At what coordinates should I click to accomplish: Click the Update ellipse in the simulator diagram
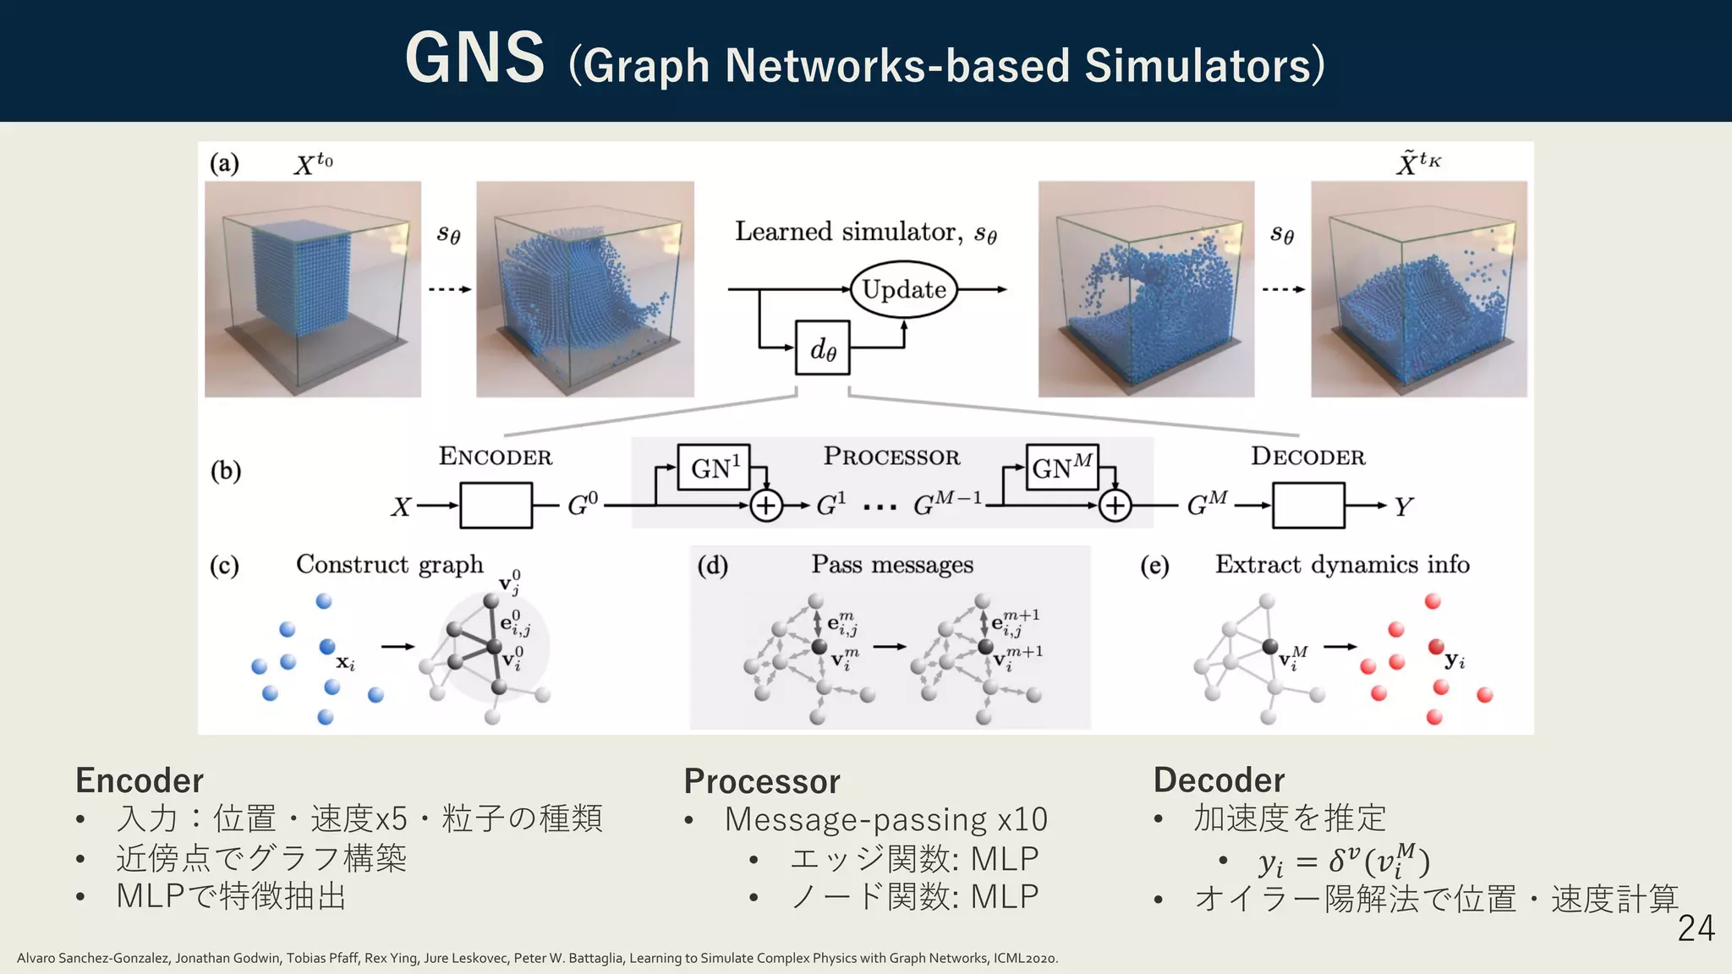pyautogui.click(x=903, y=290)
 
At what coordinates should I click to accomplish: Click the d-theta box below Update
pyautogui.click(x=822, y=347)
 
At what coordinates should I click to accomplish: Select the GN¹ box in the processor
pyautogui.click(x=714, y=468)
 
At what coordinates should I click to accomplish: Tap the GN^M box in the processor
pyautogui.click(x=1062, y=468)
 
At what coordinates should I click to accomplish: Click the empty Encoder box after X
pyautogui.click(x=496, y=506)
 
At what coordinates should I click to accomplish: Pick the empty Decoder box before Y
pyautogui.click(x=1307, y=506)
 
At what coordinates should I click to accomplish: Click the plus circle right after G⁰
pyautogui.click(x=766, y=506)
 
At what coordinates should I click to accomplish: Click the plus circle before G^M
pyautogui.click(x=1115, y=506)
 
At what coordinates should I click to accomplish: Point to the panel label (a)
pyautogui.click(x=224, y=162)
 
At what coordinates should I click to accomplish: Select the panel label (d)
pyautogui.click(x=712, y=565)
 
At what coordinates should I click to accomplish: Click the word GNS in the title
pyautogui.click(x=474, y=58)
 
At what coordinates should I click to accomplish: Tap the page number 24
pyautogui.click(x=1695, y=928)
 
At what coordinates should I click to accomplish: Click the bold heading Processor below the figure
pyautogui.click(x=761, y=781)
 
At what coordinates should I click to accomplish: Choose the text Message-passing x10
pyautogui.click(x=885, y=819)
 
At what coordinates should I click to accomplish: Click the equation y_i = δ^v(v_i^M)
pyautogui.click(x=1343, y=861)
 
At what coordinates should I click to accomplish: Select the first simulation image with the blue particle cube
pyautogui.click(x=313, y=289)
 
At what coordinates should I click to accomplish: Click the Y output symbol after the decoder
pyautogui.click(x=1403, y=506)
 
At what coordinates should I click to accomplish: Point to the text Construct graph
pyautogui.click(x=389, y=564)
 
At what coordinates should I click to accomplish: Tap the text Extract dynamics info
pyautogui.click(x=1342, y=564)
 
